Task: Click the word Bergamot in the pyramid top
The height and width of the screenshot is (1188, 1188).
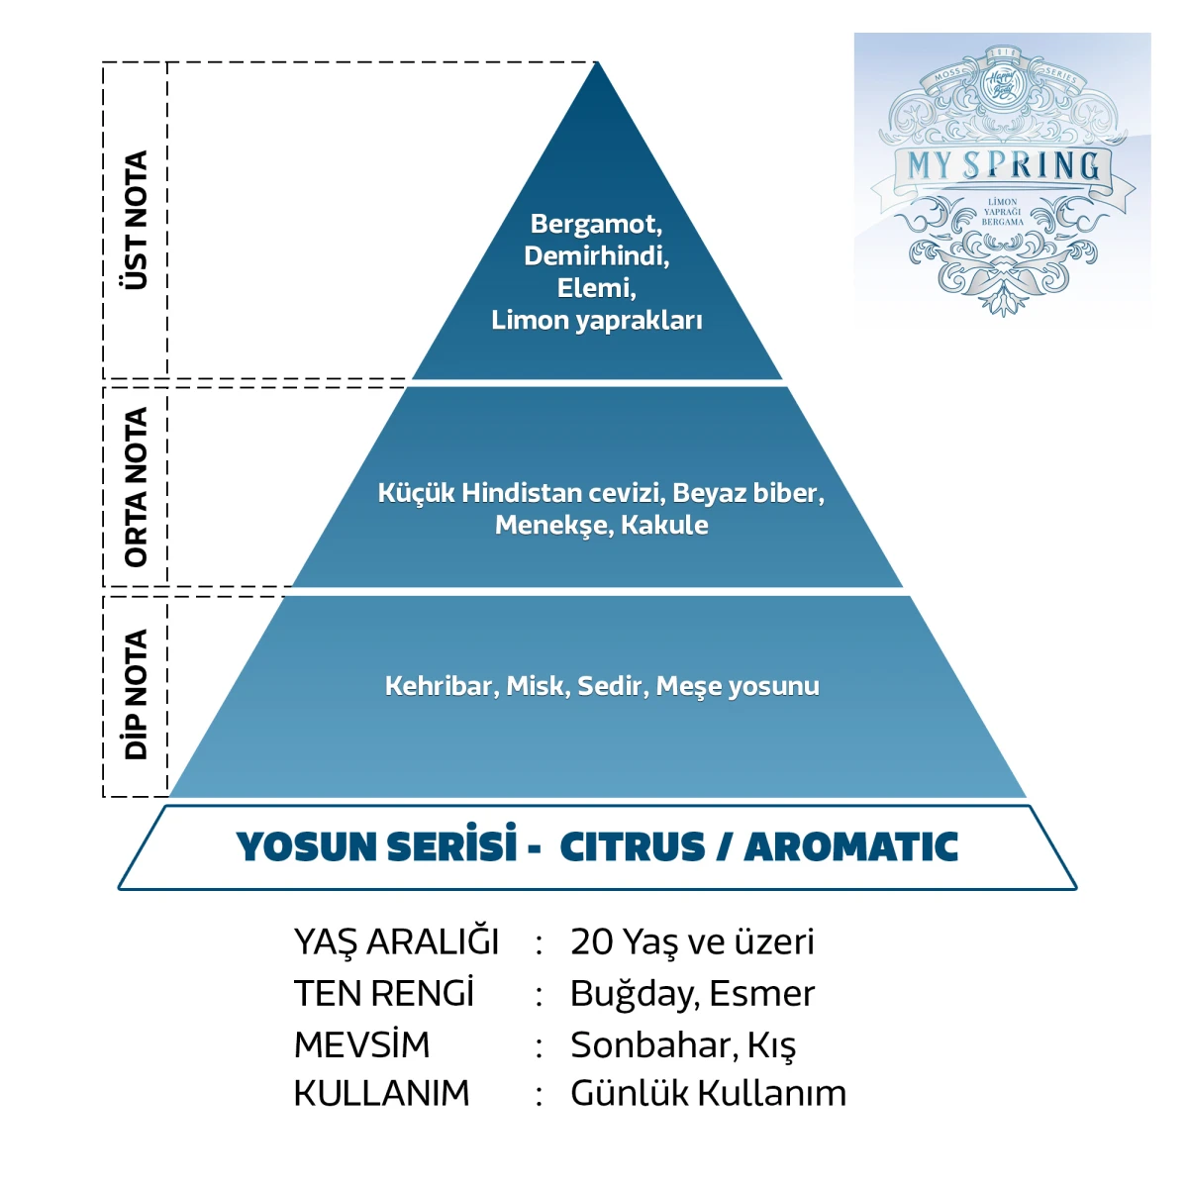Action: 594,225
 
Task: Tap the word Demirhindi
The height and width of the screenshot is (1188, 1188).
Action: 596,256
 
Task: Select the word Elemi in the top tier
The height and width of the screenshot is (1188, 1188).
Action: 594,288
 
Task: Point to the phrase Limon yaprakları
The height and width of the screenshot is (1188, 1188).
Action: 597,321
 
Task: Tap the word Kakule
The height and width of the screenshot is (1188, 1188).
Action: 664,526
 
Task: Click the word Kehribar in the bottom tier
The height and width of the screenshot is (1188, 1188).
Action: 440,686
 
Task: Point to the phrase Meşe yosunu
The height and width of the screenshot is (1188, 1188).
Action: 738,687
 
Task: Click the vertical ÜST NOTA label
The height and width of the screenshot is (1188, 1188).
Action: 136,220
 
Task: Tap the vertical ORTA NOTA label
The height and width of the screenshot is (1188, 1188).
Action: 136,486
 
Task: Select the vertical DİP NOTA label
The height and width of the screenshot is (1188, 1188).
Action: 136,694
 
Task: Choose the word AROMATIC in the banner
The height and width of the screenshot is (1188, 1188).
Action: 851,847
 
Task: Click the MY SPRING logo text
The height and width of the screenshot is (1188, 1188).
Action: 1003,165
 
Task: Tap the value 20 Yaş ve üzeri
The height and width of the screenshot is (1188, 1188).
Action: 692,941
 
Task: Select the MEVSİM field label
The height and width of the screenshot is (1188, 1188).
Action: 361,1044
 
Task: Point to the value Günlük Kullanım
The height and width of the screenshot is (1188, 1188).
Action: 708,1093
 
